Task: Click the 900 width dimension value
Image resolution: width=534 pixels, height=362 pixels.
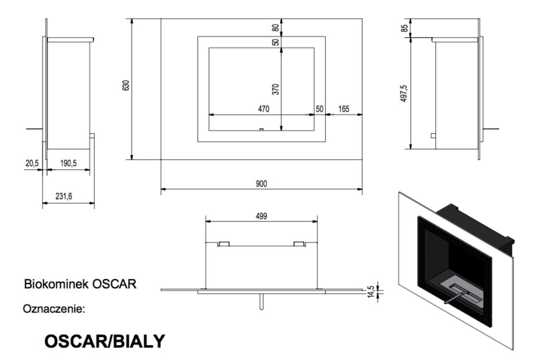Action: (261, 184)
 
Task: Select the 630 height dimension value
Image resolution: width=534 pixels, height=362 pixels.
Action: (126, 85)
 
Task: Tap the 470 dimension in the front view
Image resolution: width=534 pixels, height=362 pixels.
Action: (263, 109)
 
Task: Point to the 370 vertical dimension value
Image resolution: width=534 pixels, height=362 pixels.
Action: (275, 89)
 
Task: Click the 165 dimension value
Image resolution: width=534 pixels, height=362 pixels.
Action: (343, 109)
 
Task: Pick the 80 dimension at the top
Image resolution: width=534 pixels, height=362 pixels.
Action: (275, 28)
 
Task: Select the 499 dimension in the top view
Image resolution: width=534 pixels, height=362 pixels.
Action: (261, 216)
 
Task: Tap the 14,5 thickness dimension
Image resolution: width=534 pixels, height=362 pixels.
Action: (370, 292)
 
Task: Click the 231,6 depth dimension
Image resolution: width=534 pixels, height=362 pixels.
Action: (64, 197)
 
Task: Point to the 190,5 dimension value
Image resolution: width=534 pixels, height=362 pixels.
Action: (69, 163)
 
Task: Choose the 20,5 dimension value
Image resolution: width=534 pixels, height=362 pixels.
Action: (32, 163)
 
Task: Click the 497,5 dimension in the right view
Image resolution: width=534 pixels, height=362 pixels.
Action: (404, 94)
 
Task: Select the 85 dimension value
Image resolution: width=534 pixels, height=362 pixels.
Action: (404, 28)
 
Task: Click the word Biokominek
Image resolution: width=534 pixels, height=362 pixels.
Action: (56, 284)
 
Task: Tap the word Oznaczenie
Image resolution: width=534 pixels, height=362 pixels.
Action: (54, 309)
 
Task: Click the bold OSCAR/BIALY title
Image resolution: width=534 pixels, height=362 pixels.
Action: (105, 341)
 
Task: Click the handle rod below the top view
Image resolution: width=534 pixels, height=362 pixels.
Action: (261, 302)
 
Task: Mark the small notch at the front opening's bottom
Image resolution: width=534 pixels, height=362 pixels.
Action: (261, 130)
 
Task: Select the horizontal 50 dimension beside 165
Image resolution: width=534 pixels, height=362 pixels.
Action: (319, 109)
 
